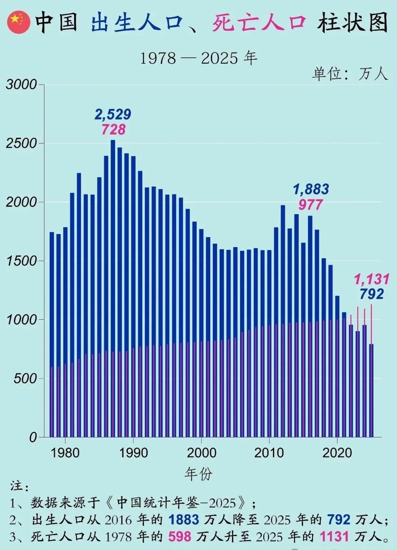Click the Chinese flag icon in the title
point(18,22)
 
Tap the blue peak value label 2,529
point(113,114)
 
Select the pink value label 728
point(114,129)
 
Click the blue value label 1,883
point(311,189)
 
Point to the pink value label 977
point(311,205)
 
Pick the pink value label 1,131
point(371,279)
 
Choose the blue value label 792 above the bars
point(371,294)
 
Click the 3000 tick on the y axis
point(21,85)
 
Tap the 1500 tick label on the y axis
point(21,261)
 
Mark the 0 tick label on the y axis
point(33,437)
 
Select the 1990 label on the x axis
point(133,453)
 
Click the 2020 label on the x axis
point(337,453)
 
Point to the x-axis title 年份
point(198,474)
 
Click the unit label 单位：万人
point(350,74)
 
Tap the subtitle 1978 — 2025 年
point(198,58)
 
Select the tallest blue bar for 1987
point(113,287)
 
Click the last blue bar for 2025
point(372,390)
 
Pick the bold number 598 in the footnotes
point(180,537)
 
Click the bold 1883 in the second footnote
point(184,519)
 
